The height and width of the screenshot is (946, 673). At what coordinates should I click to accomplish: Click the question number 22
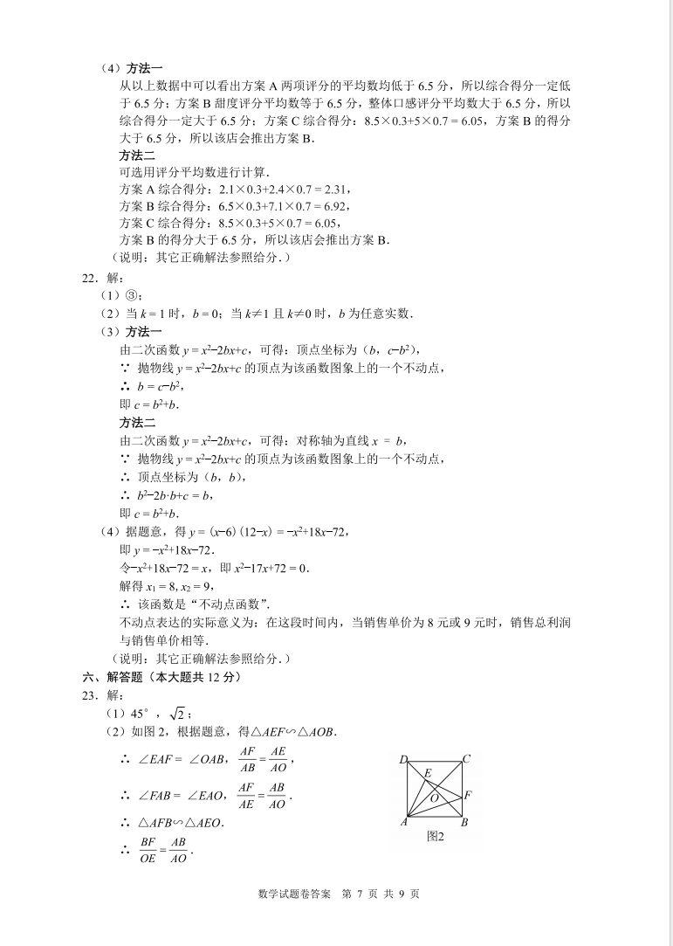(x=87, y=278)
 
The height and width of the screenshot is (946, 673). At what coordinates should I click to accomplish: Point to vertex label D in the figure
(x=404, y=759)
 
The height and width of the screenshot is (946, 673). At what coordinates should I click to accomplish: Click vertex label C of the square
(x=466, y=759)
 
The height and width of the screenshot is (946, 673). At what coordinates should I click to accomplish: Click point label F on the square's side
(x=469, y=795)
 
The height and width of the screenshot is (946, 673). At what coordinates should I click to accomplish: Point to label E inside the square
(x=428, y=773)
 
